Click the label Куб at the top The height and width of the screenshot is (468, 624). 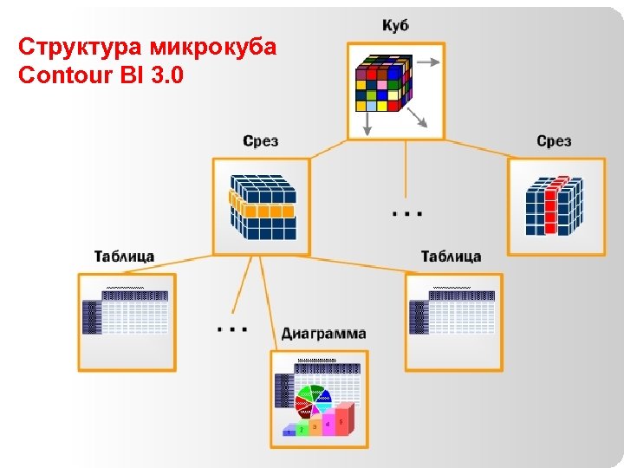coord(395,26)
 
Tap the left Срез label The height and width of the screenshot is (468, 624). coord(260,140)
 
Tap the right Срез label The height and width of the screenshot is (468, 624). coord(554,140)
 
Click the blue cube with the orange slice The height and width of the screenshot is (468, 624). coord(262,206)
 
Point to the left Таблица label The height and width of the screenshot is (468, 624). coord(124,256)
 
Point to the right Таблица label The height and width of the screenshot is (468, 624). coord(451,256)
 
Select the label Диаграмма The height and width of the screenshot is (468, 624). coord(323,334)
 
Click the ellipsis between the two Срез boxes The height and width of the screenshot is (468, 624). coord(406,211)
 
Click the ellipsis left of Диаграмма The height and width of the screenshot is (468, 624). coord(232,329)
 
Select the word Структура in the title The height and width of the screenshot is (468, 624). coord(71,47)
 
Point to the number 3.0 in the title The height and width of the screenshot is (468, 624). coord(166,75)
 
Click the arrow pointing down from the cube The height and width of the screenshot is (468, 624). coord(367,127)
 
